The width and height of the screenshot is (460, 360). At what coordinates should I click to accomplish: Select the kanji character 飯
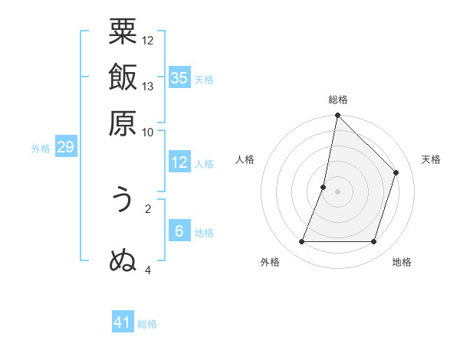(123, 78)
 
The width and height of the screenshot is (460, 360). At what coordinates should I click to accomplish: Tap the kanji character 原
(123, 123)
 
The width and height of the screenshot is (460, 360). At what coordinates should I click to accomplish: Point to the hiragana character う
(123, 201)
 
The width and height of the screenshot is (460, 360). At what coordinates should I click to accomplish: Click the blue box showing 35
(179, 78)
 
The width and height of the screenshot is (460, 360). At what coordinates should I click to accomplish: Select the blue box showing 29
(65, 147)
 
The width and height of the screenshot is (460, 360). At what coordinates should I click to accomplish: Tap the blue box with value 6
(179, 231)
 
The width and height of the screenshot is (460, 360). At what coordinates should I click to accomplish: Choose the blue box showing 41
(123, 322)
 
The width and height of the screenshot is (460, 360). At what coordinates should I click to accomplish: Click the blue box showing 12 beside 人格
(179, 162)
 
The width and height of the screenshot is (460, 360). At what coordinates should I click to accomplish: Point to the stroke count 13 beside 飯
(148, 86)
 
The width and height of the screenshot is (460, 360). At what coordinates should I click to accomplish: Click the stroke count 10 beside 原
(148, 131)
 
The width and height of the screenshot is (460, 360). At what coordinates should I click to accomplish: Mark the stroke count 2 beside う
(148, 208)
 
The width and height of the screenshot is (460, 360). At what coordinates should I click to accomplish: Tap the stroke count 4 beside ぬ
(148, 270)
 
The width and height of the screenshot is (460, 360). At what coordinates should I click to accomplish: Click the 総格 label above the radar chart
(337, 100)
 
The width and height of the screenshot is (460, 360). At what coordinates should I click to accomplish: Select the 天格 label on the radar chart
(431, 159)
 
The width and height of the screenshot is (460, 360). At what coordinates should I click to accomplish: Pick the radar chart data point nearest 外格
(301, 242)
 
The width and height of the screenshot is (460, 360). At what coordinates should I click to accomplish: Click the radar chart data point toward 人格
(324, 187)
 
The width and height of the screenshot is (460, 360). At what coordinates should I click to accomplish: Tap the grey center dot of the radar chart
(337, 191)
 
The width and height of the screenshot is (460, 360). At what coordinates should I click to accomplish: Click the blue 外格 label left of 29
(41, 149)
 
